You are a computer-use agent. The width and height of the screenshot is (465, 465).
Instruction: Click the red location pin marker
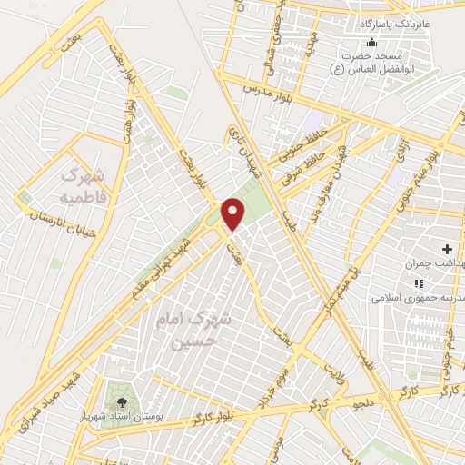tap(233, 213)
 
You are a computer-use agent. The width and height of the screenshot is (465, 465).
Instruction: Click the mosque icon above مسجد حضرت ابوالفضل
tap(371, 43)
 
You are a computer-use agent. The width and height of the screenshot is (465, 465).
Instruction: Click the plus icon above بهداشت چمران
tap(447, 248)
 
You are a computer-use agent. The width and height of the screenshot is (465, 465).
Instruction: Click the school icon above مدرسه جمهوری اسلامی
tap(443, 282)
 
